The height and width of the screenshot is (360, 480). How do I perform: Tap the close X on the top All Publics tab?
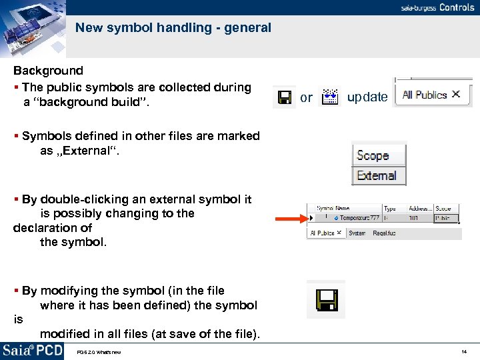pyautogui.click(x=456, y=95)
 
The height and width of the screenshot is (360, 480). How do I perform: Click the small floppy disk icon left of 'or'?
pyautogui.click(x=285, y=98)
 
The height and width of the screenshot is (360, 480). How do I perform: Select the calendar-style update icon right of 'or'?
pyautogui.click(x=330, y=98)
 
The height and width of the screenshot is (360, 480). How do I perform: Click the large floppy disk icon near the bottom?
pyautogui.click(x=326, y=299)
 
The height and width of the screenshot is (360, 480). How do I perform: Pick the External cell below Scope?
pyautogui.click(x=377, y=176)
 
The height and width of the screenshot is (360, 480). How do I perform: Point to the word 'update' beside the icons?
pyautogui.click(x=367, y=97)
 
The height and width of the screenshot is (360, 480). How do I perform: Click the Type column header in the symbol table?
pyautogui.click(x=389, y=209)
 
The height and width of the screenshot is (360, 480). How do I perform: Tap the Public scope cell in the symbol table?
pyautogui.click(x=443, y=218)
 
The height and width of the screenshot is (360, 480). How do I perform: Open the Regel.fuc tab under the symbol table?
pyautogui.click(x=385, y=233)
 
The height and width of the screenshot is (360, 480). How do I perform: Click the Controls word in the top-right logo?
pyautogui.click(x=457, y=7)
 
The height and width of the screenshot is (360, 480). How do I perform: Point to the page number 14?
pyautogui.click(x=463, y=351)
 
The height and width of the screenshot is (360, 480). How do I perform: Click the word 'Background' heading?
pyautogui.click(x=49, y=71)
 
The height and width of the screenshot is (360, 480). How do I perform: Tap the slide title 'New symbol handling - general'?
pyautogui.click(x=173, y=28)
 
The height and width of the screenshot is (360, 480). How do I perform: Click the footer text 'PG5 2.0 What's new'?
pyautogui.click(x=99, y=352)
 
